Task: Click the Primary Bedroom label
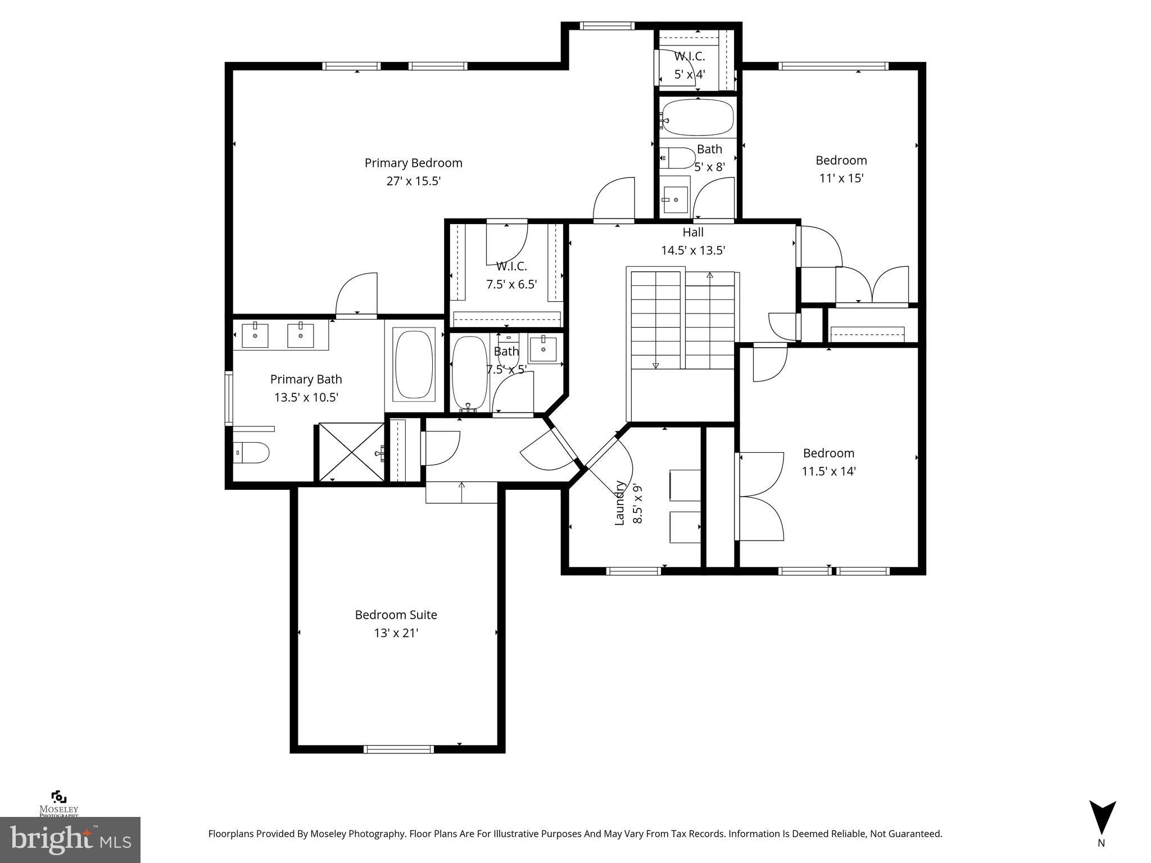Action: tap(413, 163)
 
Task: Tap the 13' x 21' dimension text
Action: tap(396, 633)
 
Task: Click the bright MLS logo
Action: tap(70, 839)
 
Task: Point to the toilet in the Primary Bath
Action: tap(251, 452)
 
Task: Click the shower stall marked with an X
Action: tap(351, 452)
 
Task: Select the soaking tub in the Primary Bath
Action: tap(415, 365)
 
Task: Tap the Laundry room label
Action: tap(619, 503)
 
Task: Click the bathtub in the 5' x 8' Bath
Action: tap(697, 117)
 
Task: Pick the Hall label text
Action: tap(693, 232)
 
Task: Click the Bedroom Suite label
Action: tap(396, 615)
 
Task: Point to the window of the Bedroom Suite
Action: tap(398, 749)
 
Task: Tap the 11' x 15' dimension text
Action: tap(841, 178)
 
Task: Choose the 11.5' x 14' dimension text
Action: tap(828, 471)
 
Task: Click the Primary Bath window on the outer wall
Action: tap(229, 398)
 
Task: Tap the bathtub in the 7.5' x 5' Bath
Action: tap(470, 373)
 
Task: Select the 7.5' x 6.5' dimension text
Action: tap(511, 284)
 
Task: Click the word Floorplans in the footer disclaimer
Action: tap(230, 834)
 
